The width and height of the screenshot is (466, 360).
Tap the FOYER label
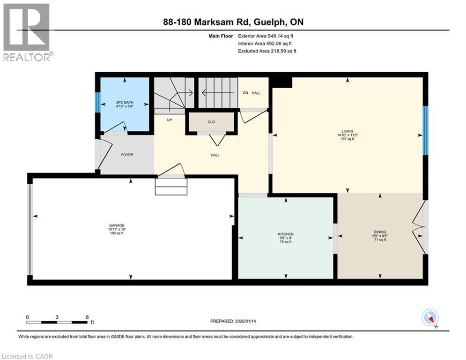coord(127,155)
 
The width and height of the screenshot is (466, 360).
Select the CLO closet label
coord(211,122)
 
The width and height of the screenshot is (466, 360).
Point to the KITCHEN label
coord(285,234)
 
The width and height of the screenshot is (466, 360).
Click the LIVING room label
coord(347,131)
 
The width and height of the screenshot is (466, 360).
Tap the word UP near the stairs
coord(170,120)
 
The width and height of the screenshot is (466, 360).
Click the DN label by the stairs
coord(245,93)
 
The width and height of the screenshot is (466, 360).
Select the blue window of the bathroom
coord(97,102)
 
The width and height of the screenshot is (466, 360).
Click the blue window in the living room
coord(425,130)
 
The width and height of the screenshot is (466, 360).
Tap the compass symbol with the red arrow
coord(429,318)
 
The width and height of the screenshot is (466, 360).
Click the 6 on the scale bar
coord(87,317)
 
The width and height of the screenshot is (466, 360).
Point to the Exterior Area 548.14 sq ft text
coord(266,36)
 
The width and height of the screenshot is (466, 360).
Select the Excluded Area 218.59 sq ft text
coord(267,51)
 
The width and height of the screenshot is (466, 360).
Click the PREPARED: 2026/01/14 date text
coord(236,321)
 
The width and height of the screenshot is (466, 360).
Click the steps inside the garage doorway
coord(171,187)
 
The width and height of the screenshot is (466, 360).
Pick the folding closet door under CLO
coord(216,139)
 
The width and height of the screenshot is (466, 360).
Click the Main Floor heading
coord(220,36)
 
